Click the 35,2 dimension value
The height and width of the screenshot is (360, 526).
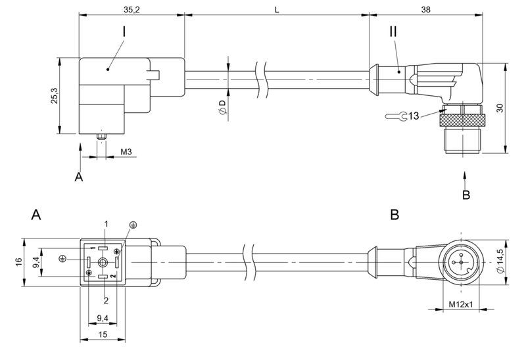coord(131,10)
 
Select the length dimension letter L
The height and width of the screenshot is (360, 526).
coord(276,10)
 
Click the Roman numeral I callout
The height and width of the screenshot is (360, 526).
coord(124,31)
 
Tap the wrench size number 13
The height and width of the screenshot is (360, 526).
coord(413,116)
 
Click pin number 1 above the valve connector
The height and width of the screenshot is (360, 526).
coord(105,225)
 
